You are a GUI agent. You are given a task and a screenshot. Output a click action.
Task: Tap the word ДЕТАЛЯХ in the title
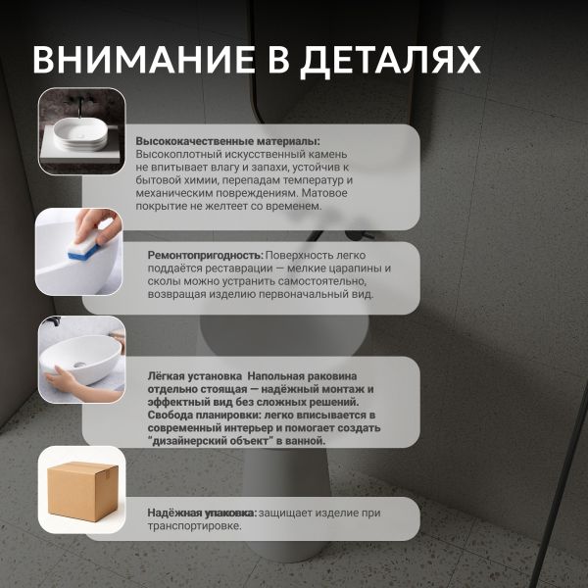coord(390,62)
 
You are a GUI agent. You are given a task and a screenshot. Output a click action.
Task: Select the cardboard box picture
coord(83,492)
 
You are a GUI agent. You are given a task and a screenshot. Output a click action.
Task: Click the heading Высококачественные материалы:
coord(228,141)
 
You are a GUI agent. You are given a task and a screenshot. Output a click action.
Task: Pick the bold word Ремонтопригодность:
coord(206,256)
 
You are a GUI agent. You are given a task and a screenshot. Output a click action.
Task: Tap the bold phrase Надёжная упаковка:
coord(202,513)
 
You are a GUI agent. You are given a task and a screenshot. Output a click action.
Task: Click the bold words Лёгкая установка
coord(195,376)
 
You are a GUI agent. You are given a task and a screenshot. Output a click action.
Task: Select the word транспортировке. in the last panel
coord(195,525)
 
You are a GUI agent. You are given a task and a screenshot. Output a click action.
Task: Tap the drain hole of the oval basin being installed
coord(78,365)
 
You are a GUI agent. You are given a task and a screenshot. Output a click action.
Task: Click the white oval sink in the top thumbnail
coord(80,134)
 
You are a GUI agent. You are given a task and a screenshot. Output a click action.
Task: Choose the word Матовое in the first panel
coord(324,193)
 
